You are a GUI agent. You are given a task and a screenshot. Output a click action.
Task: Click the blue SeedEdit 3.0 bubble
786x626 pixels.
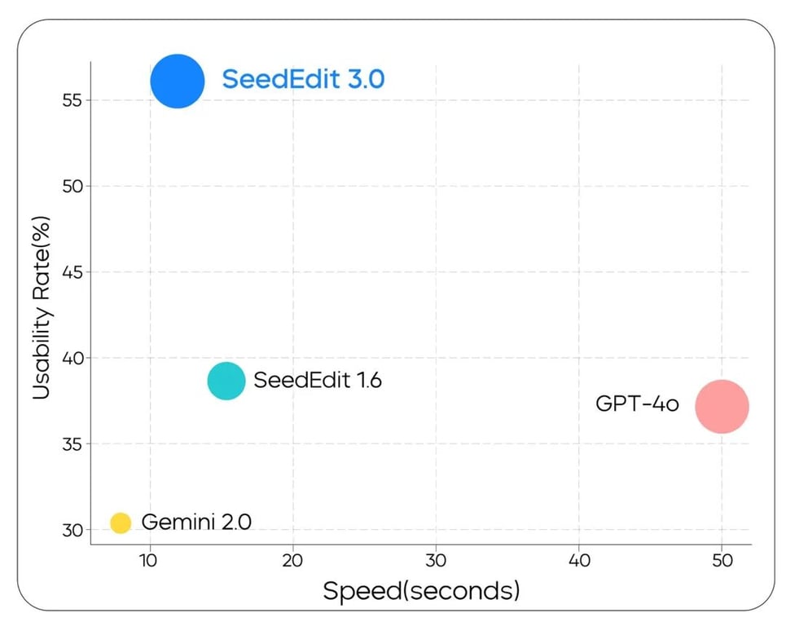(177, 81)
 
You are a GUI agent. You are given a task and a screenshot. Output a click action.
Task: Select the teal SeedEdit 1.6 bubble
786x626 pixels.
(226, 381)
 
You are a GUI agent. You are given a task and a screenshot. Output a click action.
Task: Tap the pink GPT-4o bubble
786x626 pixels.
(721, 406)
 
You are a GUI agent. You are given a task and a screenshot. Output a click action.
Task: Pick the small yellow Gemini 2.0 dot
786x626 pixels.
(121, 522)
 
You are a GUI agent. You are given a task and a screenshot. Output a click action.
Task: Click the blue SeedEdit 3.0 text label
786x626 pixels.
(303, 80)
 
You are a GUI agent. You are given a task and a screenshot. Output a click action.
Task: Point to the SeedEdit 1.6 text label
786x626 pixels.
(318, 381)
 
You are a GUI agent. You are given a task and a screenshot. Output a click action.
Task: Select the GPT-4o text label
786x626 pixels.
(637, 403)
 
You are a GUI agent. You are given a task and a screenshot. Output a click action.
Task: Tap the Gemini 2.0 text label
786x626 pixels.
(196, 522)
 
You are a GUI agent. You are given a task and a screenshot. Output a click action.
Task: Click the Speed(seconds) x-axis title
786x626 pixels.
(421, 591)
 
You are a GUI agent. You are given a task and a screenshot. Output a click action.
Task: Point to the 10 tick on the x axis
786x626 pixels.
(149, 562)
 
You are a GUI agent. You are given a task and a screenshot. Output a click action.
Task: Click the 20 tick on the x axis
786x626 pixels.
(292, 562)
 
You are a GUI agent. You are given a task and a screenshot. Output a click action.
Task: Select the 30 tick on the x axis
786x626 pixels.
(436, 562)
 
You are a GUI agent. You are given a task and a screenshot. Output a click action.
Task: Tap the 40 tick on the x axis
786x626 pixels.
(578, 562)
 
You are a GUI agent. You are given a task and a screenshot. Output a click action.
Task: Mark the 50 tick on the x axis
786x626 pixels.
(722, 562)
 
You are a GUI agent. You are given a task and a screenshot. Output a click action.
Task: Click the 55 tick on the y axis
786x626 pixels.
(73, 100)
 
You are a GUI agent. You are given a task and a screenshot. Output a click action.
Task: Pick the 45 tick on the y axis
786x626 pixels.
(73, 272)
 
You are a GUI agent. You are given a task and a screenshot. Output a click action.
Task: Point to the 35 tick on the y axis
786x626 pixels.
(73, 444)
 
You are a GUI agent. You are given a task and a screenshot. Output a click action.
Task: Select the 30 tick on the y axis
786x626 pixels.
(73, 530)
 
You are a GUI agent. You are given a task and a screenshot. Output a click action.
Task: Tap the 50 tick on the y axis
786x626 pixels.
(73, 187)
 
